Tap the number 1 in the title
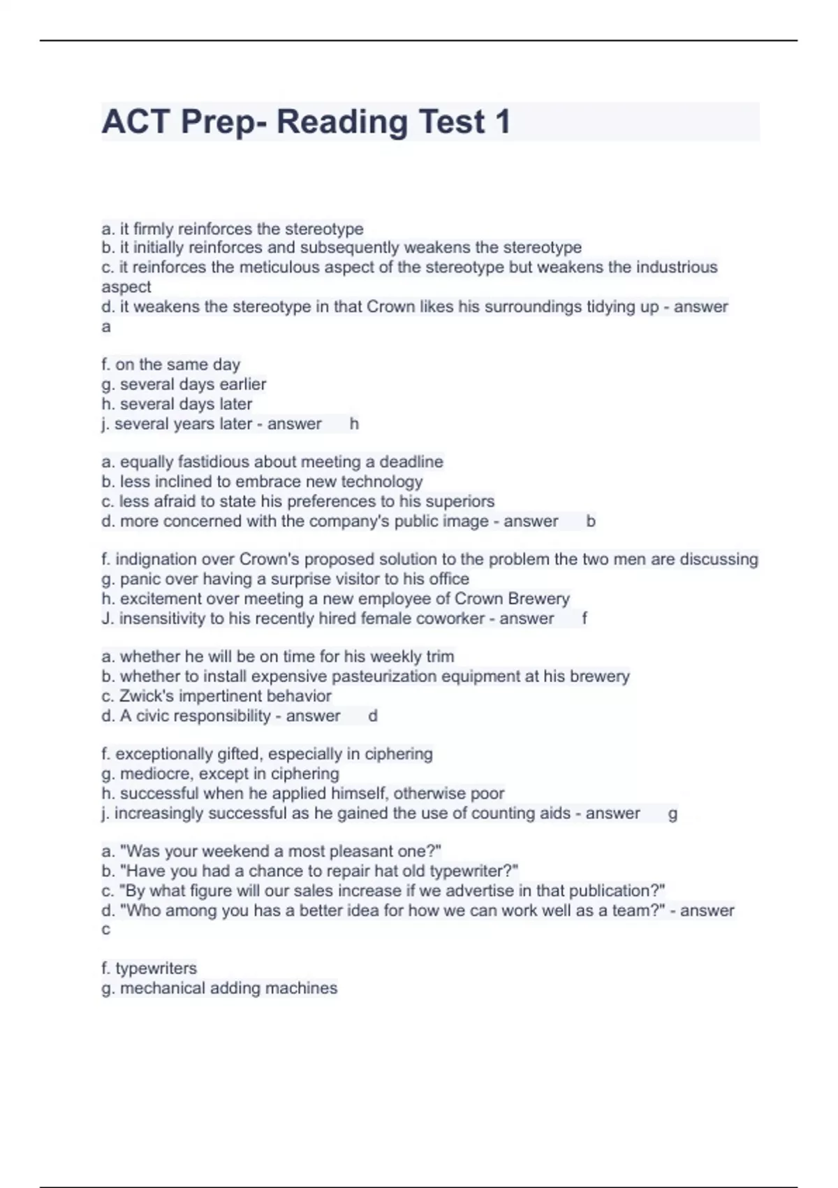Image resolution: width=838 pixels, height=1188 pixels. (502, 122)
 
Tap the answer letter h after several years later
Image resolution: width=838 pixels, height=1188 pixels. (354, 423)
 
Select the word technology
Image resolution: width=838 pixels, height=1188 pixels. (382, 481)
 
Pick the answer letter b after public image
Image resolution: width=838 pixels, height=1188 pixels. (591, 521)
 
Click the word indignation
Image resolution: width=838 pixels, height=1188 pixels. (175, 559)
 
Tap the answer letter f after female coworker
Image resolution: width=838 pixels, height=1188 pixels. (584, 618)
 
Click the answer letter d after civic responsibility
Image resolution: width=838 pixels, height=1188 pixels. (373, 716)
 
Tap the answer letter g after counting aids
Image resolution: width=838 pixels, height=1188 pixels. (672, 813)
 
